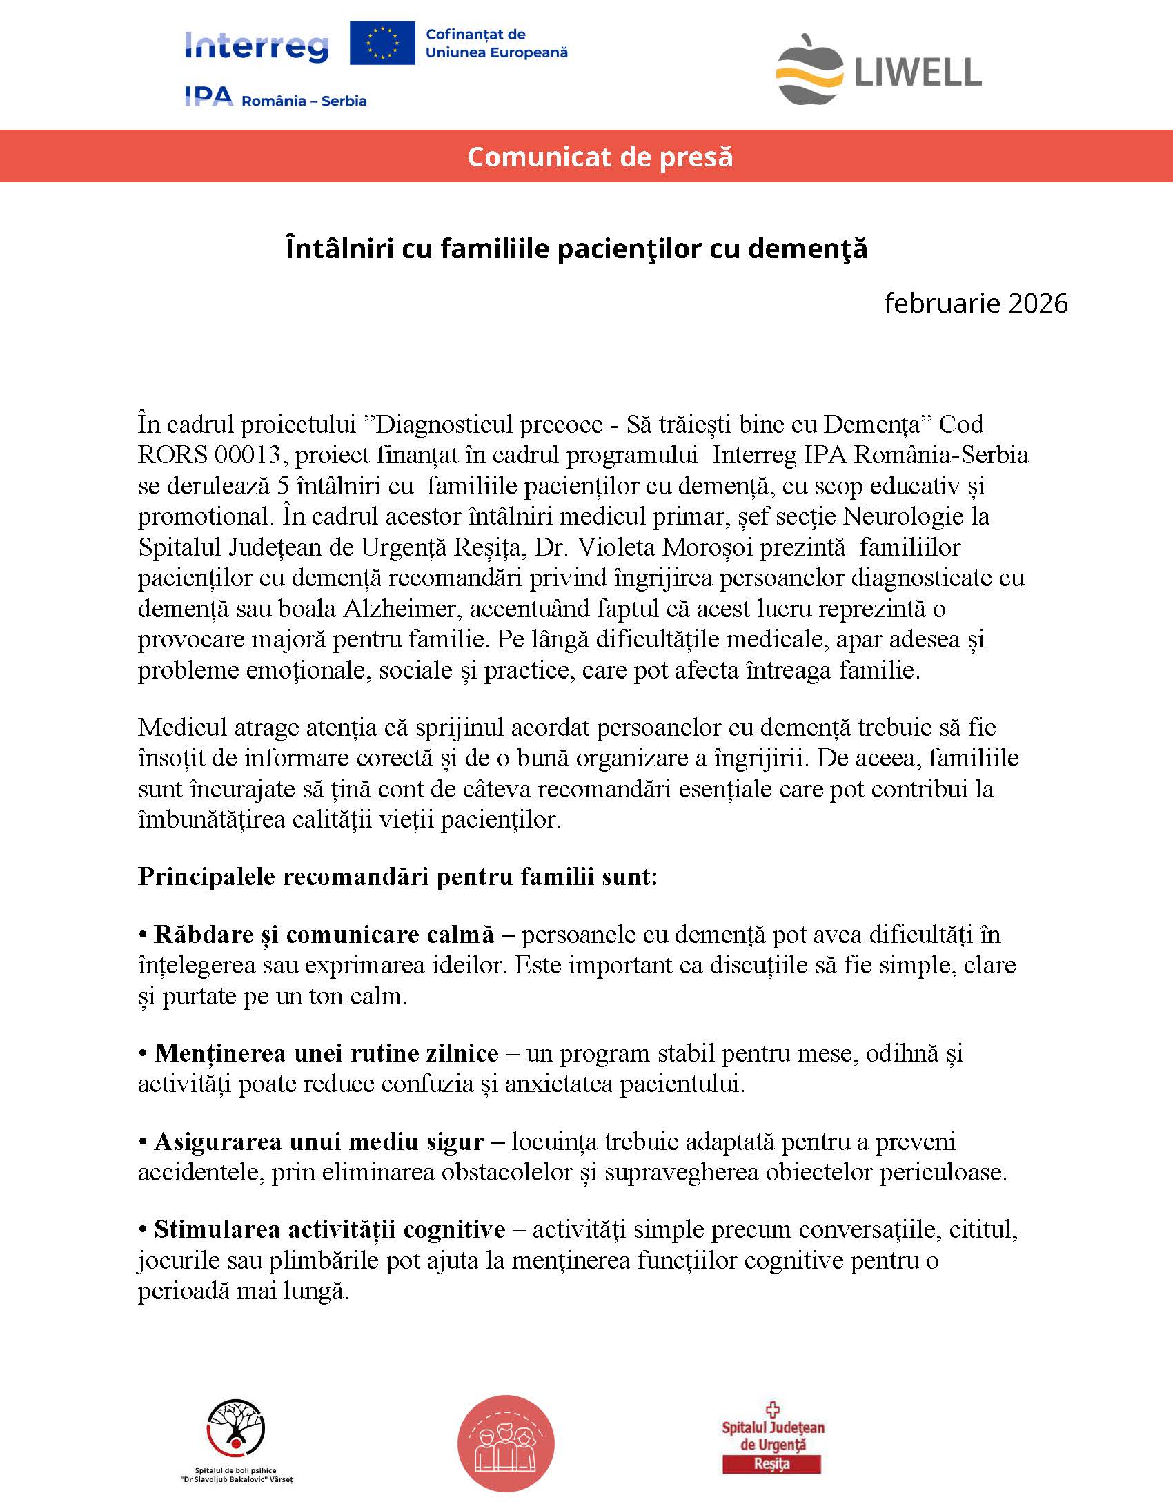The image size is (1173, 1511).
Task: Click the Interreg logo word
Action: click(x=257, y=47)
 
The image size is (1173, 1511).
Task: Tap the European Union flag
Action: click(x=382, y=43)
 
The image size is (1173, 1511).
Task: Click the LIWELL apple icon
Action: click(x=809, y=70)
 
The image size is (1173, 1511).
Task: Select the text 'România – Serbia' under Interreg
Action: click(x=304, y=101)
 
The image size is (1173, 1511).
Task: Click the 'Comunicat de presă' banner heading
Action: click(x=600, y=157)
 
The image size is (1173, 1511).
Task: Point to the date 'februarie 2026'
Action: click(x=976, y=303)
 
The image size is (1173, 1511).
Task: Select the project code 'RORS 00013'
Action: click(x=210, y=455)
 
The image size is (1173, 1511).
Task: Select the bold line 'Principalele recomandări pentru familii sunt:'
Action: click(x=397, y=876)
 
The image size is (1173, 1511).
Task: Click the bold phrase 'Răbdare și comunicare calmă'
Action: click(x=324, y=934)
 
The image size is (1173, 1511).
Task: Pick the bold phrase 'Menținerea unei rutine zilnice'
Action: click(x=326, y=1052)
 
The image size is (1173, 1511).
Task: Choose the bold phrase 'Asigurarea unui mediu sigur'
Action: click(x=319, y=1141)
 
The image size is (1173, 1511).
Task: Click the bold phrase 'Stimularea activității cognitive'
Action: click(x=329, y=1229)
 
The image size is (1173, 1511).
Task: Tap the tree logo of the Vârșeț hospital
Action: click(x=236, y=1427)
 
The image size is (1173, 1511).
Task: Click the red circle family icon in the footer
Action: click(x=506, y=1443)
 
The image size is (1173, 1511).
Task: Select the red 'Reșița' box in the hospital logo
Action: click(x=771, y=1464)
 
